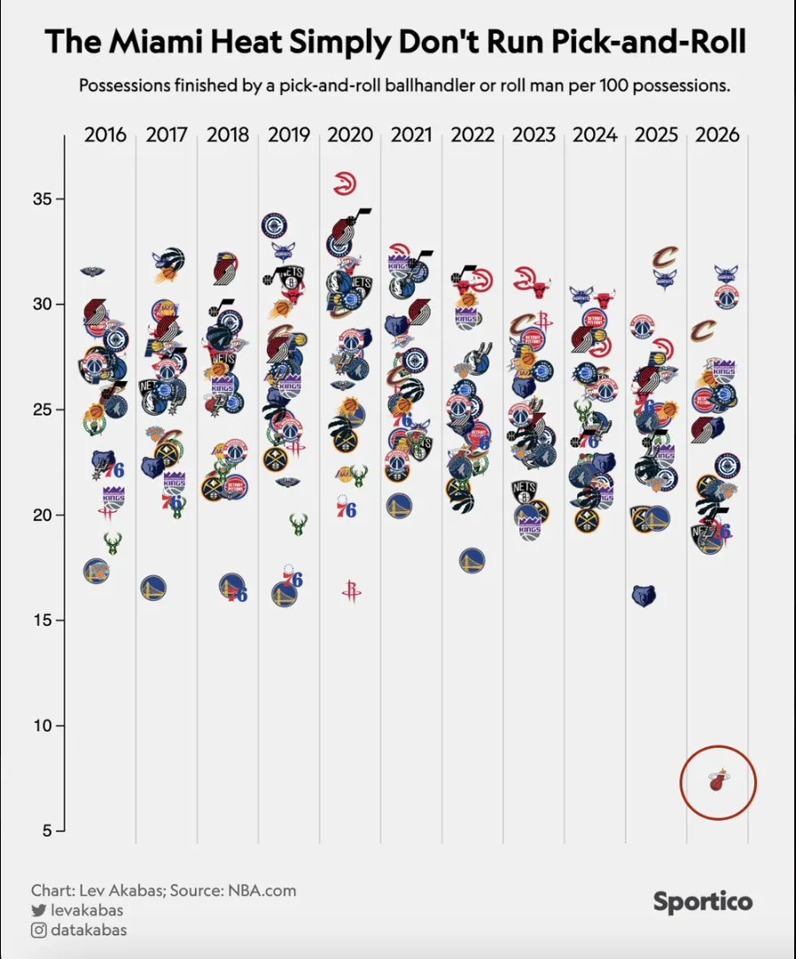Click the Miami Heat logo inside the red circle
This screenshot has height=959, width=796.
(717, 782)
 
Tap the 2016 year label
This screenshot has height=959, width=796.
(105, 136)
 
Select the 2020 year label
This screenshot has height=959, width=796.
(350, 136)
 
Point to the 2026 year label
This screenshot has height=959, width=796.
(717, 136)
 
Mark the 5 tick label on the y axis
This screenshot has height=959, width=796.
(51, 831)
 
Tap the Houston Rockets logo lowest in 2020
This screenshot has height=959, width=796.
(352, 591)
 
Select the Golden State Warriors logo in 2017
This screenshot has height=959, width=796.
(153, 588)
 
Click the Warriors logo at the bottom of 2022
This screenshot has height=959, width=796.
(472, 560)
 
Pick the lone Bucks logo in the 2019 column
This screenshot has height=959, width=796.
(299, 523)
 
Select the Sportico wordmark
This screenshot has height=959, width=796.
(703, 902)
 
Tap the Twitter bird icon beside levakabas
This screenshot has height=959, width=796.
(38, 910)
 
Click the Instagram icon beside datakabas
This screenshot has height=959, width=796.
(38, 930)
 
